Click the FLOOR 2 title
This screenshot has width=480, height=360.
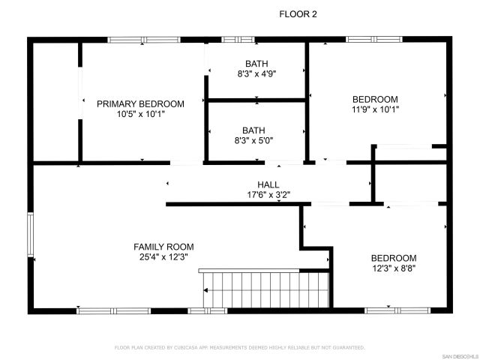click(298, 13)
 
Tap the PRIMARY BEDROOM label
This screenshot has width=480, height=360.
click(140, 103)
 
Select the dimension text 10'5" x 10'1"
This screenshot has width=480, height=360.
click(140, 115)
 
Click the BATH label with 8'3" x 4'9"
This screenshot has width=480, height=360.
click(255, 64)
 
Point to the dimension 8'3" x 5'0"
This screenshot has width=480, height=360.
click(253, 140)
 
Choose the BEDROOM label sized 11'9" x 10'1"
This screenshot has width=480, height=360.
click(375, 99)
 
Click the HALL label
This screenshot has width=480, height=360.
click(268, 184)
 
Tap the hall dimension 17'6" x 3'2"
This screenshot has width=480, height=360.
click(268, 195)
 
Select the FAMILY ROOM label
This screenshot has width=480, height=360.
click(163, 247)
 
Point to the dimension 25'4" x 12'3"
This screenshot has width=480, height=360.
click(163, 257)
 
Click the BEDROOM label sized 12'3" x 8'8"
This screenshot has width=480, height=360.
click(394, 258)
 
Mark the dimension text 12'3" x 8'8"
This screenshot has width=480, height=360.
click(394, 268)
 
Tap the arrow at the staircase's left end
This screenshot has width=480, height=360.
click(203, 290)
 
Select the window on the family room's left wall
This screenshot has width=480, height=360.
click(31, 235)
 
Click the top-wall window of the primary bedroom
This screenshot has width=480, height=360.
click(138, 40)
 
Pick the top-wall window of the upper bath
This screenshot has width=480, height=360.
click(238, 40)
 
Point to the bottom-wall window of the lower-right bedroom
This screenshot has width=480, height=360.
click(388, 310)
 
